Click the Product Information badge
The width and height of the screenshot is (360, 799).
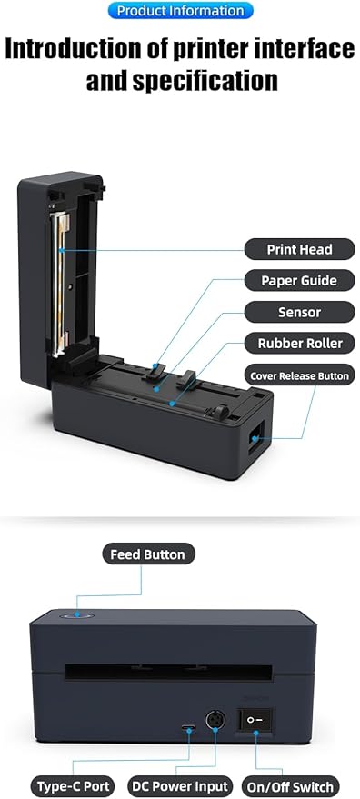[x=180, y=11]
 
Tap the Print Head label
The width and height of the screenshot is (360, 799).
[x=299, y=249]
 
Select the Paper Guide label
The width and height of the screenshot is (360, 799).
[x=299, y=281]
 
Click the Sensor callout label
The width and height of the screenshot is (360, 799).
[x=299, y=312]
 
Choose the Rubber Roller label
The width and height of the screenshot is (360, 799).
[x=299, y=344]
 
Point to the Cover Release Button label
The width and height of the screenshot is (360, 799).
[x=299, y=375]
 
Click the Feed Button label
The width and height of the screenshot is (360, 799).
[x=147, y=554]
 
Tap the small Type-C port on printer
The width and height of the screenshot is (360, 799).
[x=188, y=728]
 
